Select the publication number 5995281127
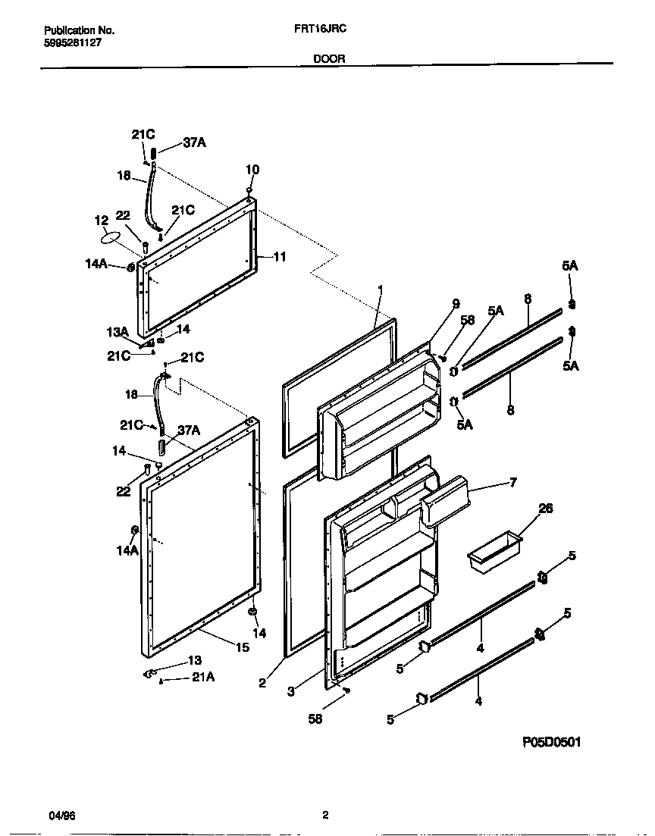pos(73,43)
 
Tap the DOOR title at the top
pos(329,58)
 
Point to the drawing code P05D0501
pos(552,743)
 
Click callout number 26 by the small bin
pos(545,509)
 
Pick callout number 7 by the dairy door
pos(512,482)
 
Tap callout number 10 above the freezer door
pos(252,170)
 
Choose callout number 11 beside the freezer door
pos(280,257)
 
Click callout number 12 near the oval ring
pos(102,220)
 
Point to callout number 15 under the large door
pos(243,647)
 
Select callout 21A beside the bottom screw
pos(202,678)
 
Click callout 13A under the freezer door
pos(118,331)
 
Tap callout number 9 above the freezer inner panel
pos(456,304)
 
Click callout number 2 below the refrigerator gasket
pos(262,683)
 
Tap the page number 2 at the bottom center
pos(325,816)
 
